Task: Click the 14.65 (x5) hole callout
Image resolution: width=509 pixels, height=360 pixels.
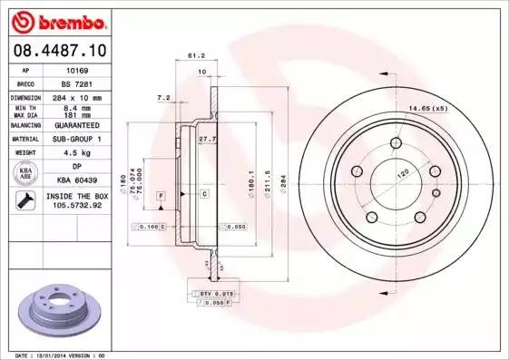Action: (429, 110)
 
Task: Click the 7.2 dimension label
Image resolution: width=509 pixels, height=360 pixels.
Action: (163, 96)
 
